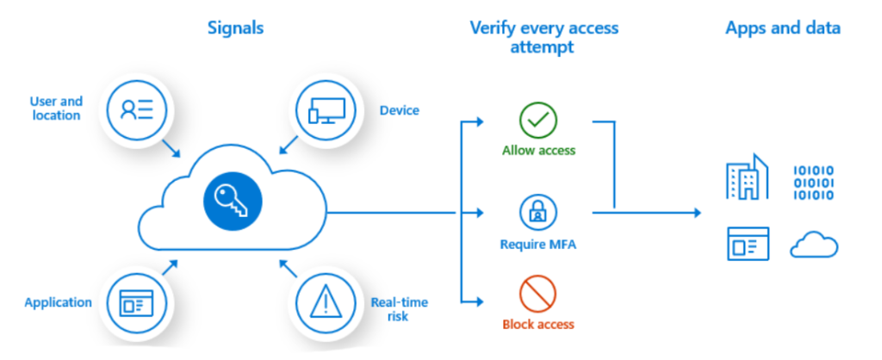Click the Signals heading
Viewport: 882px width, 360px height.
coord(235,28)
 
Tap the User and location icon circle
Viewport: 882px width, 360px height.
coord(136,109)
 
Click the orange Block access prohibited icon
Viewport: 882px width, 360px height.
coord(538,296)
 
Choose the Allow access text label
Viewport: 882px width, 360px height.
coord(538,151)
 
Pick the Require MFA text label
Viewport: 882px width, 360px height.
coord(538,244)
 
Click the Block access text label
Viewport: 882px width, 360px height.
coord(538,325)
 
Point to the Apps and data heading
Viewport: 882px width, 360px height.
coord(782,28)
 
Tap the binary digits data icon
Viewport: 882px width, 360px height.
coord(813,182)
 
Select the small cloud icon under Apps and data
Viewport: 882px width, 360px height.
coord(814,246)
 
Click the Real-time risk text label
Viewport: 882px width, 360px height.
coord(399,309)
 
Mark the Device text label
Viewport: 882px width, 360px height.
coord(400,110)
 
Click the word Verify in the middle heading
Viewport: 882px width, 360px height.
coord(489,28)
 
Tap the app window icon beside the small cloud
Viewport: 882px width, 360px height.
coord(747,245)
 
